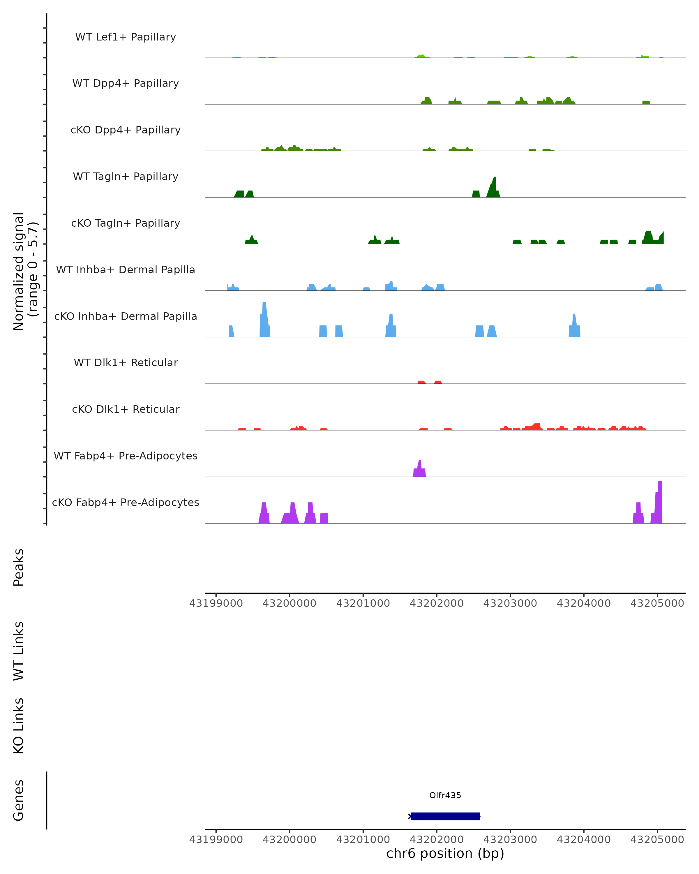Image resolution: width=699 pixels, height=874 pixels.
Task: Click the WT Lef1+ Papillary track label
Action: [x=126, y=37]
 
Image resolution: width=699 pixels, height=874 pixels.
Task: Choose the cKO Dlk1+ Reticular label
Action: [x=126, y=409]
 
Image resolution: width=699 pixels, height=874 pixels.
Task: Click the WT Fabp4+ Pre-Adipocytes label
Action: [x=126, y=456]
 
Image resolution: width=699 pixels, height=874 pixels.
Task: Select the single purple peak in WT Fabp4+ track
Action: [x=420, y=469]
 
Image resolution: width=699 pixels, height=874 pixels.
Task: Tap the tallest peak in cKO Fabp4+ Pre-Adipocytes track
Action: [x=660, y=503]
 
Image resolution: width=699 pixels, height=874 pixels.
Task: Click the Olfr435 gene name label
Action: [x=445, y=795]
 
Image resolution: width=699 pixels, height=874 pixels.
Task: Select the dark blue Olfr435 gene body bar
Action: [x=445, y=816]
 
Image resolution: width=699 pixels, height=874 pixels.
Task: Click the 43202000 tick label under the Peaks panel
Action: [x=436, y=603]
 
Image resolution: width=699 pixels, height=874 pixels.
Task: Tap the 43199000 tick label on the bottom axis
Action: [x=216, y=840]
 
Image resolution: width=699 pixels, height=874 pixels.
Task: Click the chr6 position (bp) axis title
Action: [x=445, y=854]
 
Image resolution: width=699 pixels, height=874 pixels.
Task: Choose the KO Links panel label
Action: [x=19, y=726]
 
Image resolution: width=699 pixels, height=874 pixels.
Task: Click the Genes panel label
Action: [x=19, y=800]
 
